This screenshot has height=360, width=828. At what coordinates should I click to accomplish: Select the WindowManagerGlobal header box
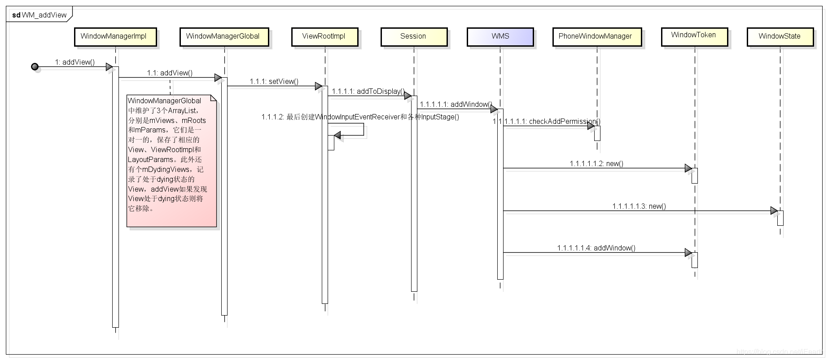(x=223, y=36)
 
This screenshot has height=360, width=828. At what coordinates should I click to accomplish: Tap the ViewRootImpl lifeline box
(x=324, y=36)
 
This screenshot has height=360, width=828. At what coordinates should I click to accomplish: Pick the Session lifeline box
(x=413, y=36)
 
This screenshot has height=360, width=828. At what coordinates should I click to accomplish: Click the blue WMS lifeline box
(x=500, y=36)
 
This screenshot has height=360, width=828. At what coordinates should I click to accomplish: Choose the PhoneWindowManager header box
(x=596, y=36)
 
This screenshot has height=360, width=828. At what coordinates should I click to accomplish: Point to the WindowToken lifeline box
(x=694, y=35)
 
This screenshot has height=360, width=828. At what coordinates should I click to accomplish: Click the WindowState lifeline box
(x=780, y=36)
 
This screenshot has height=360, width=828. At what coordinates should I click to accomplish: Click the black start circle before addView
(x=35, y=67)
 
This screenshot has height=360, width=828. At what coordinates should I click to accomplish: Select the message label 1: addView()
(x=75, y=62)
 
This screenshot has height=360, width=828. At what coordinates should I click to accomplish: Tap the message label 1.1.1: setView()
(x=274, y=81)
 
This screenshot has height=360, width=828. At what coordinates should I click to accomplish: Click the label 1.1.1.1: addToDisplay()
(x=368, y=91)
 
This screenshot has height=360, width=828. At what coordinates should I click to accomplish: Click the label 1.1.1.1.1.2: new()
(x=596, y=163)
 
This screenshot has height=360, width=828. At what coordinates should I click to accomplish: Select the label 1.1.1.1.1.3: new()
(x=639, y=206)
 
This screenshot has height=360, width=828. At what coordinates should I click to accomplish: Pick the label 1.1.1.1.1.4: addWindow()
(x=596, y=248)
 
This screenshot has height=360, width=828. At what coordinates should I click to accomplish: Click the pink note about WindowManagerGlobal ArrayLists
(x=171, y=160)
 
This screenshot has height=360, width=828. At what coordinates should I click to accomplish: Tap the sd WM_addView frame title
(x=39, y=15)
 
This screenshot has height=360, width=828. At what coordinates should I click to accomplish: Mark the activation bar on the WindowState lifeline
(x=780, y=218)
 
